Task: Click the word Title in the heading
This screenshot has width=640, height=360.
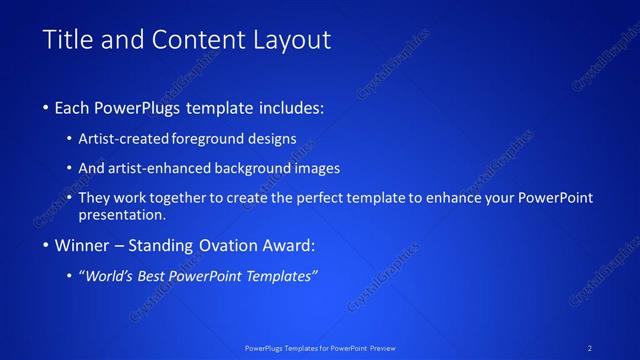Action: click(x=67, y=40)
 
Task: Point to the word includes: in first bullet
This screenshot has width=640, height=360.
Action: click(x=290, y=107)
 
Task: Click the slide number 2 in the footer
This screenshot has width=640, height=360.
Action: click(x=590, y=347)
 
